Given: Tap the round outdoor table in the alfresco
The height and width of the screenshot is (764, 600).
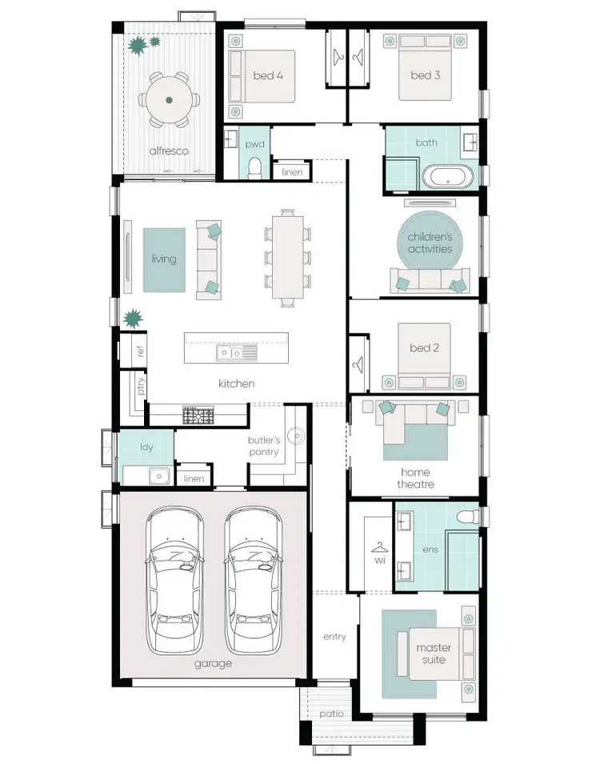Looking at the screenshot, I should click(169, 100).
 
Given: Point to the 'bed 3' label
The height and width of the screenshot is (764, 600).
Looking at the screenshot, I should click(425, 76).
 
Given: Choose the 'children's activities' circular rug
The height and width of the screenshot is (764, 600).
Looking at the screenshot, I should click(430, 242).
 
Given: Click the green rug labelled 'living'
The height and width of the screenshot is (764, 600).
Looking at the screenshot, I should click(164, 259).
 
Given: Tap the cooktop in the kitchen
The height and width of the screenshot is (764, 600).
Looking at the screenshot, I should click(198, 416).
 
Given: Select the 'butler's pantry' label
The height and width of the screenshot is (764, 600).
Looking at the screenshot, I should click(263, 447).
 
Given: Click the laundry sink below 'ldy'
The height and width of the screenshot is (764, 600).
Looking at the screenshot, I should click(159, 476).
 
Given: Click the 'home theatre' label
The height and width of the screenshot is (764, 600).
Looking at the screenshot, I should click(416, 478).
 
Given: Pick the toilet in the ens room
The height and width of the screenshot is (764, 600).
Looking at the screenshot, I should click(468, 515).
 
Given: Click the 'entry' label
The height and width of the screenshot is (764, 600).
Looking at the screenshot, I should click(334, 637).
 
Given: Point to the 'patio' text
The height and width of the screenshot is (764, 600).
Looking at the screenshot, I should click(331, 713).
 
